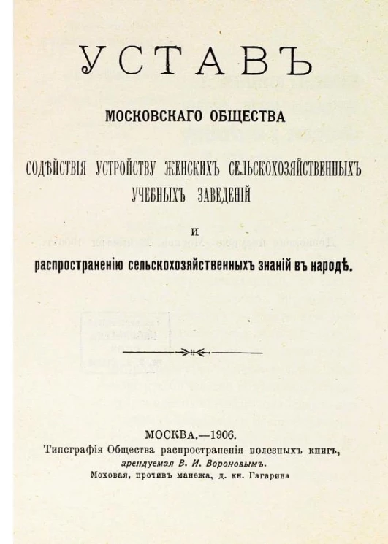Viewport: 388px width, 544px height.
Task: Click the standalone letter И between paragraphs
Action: coord(194,231)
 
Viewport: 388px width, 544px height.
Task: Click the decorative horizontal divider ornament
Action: coord(193,352)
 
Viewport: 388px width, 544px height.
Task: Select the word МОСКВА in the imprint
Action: coord(172,434)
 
